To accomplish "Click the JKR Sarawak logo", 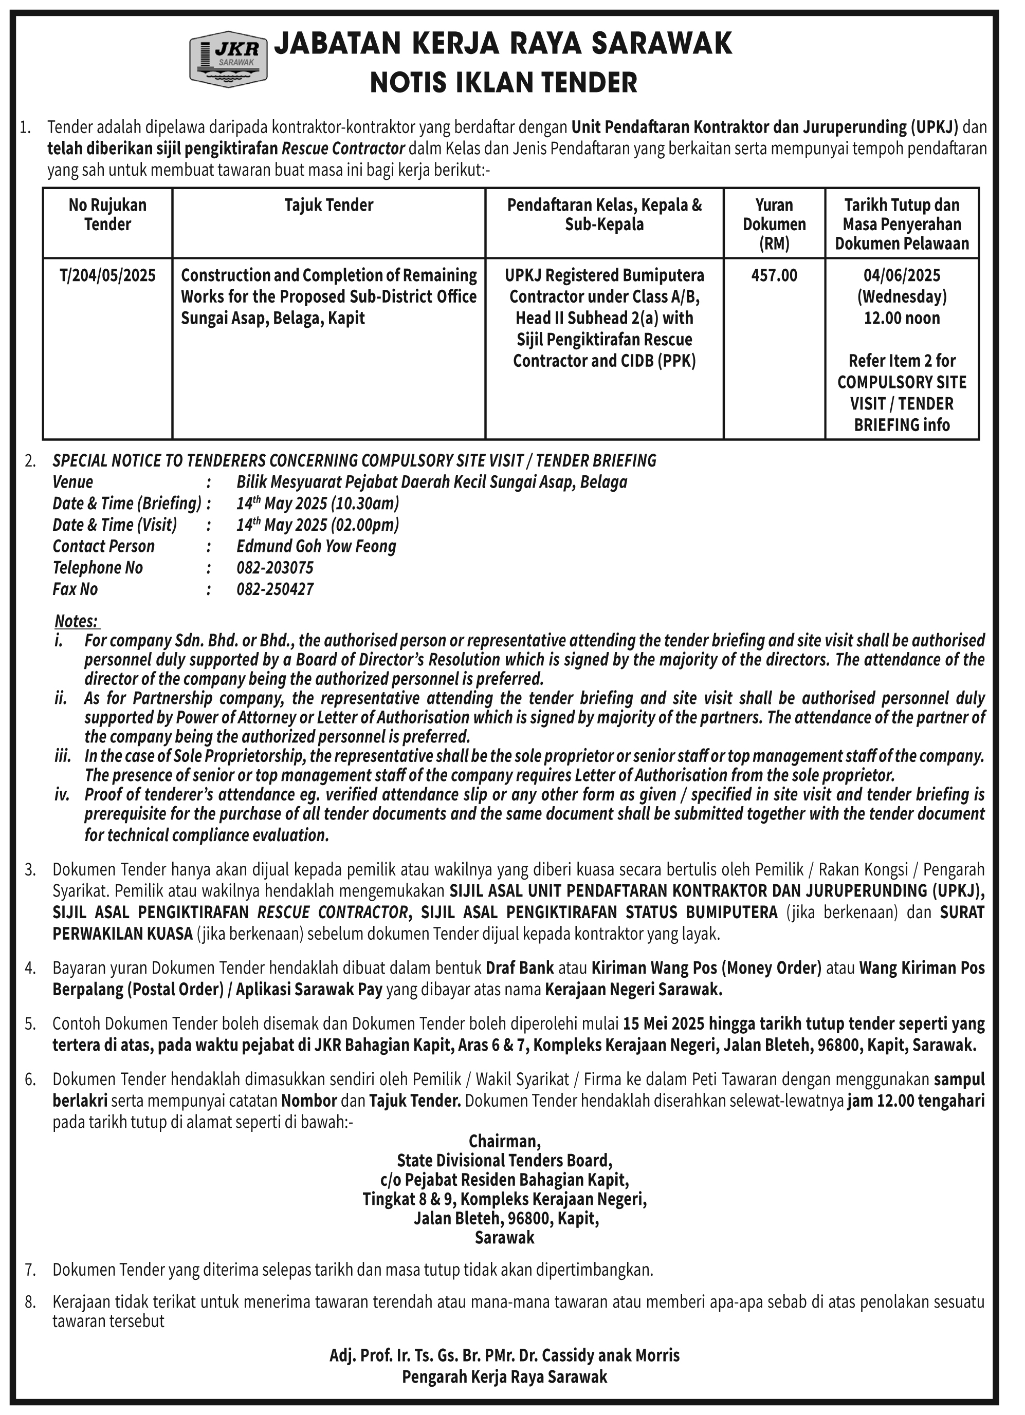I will click(228, 61).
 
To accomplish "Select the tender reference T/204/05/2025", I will click(107, 275).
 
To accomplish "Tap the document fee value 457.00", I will click(774, 275).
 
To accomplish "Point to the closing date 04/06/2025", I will click(902, 275).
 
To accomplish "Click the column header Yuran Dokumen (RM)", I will click(774, 224).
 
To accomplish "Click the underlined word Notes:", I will click(76, 621).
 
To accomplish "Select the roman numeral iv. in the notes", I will click(62, 794).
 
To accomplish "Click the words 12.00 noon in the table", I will click(902, 318).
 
